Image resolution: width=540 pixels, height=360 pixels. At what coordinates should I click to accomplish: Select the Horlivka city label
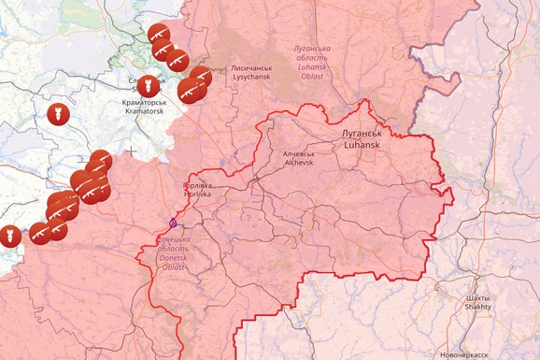point(197,194)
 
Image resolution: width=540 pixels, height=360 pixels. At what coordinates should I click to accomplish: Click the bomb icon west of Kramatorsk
point(58,114)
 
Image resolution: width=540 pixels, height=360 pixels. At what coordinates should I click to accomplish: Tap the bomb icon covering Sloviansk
point(149,86)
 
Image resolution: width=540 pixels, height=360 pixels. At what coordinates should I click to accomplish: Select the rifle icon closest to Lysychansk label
point(200,78)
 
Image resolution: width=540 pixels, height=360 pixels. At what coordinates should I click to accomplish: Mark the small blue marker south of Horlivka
point(173,223)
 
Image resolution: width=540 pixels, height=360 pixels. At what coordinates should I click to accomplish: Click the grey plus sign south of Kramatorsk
point(133,150)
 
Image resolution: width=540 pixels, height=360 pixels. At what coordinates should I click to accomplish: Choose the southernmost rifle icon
point(40,234)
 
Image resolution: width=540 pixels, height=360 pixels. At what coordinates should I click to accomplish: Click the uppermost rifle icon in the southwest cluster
point(101,161)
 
